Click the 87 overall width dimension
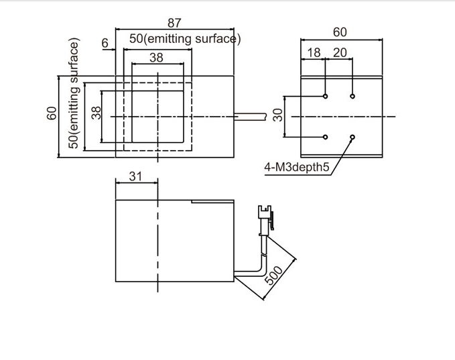(x=174, y=23)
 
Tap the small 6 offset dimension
(x=105, y=43)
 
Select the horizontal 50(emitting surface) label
(x=185, y=39)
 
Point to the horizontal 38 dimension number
(x=156, y=58)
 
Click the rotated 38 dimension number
(x=95, y=115)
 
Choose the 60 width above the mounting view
(x=340, y=32)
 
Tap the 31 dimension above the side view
(x=136, y=176)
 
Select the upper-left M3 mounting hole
(x=325, y=97)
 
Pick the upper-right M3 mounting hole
(x=352, y=97)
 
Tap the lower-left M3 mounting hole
(x=325, y=137)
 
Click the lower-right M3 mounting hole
(x=352, y=137)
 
